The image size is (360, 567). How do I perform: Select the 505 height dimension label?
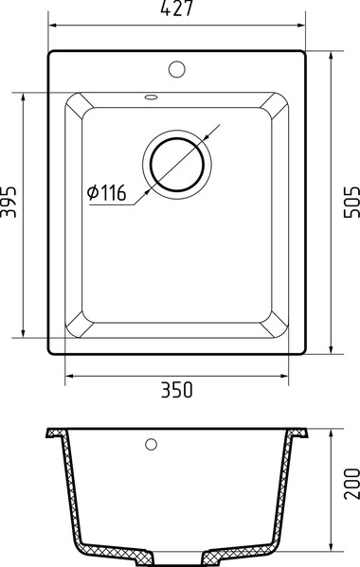(351, 202)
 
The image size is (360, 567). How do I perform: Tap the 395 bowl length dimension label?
(9, 202)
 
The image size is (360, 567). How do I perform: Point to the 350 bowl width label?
(177, 390)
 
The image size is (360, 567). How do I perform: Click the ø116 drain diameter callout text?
(106, 192)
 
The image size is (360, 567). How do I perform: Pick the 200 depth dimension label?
(351, 484)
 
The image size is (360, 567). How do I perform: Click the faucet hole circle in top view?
(177, 69)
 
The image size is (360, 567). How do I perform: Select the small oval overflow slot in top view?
(151, 97)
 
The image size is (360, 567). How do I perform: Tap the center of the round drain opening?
(177, 165)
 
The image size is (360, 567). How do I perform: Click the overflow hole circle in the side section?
(151, 444)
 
